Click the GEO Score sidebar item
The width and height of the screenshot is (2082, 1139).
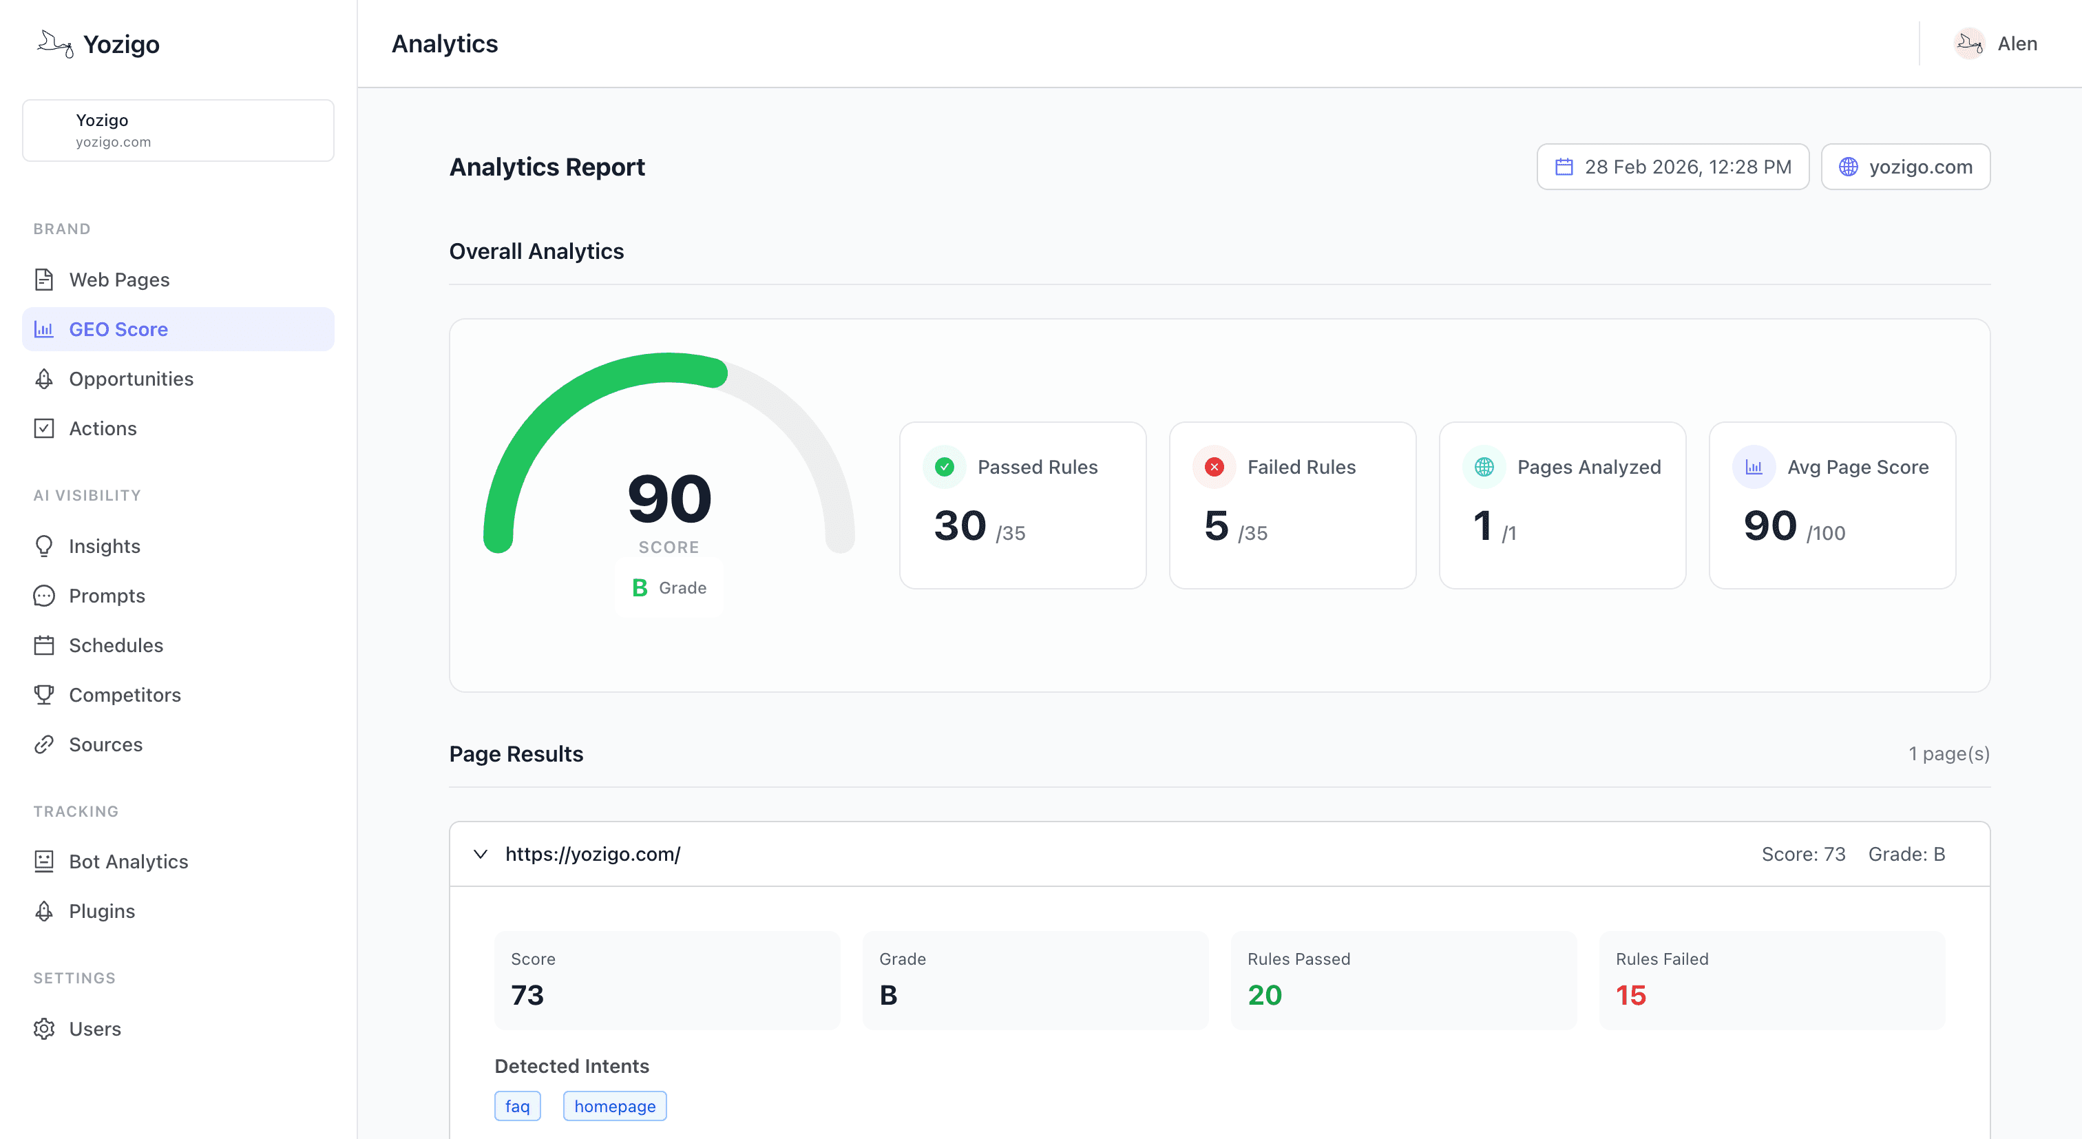(118, 329)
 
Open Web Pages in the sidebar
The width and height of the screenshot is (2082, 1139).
(119, 280)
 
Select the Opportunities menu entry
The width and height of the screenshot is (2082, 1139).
(131, 379)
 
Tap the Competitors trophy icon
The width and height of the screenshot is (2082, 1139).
(45, 694)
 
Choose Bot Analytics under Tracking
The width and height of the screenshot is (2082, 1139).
(129, 861)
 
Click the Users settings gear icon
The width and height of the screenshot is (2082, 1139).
(45, 1029)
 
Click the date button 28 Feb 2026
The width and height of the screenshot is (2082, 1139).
(1672, 167)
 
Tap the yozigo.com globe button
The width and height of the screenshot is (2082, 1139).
(1905, 167)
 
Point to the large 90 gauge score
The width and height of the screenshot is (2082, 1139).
(669, 499)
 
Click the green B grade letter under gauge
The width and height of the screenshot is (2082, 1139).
(640, 587)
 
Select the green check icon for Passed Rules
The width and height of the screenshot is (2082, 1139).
(944, 468)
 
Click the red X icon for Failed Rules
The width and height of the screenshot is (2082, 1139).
(1214, 468)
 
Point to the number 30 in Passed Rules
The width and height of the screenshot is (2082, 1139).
(959, 526)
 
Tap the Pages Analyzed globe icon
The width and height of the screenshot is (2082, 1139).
(1484, 468)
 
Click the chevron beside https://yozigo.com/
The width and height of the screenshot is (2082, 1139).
(481, 854)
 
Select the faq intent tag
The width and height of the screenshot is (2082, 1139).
(517, 1106)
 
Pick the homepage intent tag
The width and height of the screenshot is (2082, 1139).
(614, 1106)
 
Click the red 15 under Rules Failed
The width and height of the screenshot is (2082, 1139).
(1630, 995)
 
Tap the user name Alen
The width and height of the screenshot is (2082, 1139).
(2017, 43)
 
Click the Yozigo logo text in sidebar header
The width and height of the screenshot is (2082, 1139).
(121, 45)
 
